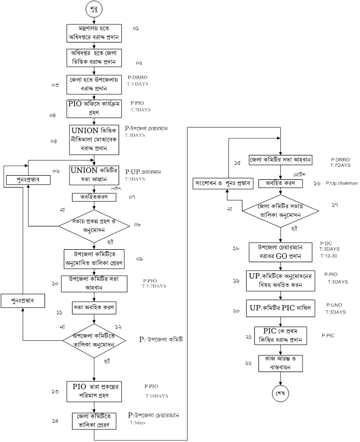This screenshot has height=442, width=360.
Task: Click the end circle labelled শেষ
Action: pyautogui.click(x=280, y=393)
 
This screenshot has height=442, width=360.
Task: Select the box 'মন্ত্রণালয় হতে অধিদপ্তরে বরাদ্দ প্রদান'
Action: pyautogui.click(x=94, y=33)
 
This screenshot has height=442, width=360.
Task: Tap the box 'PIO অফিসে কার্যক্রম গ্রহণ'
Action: pyautogui.click(x=94, y=107)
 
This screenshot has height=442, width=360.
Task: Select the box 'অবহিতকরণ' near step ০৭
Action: pyautogui.click(x=93, y=197)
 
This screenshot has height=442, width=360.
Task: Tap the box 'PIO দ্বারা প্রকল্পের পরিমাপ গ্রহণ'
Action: pyautogui.click(x=94, y=392)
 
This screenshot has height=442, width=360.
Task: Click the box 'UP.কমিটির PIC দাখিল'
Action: pyautogui.click(x=280, y=308)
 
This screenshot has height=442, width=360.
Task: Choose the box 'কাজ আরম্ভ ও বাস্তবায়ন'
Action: pyautogui.click(x=280, y=362)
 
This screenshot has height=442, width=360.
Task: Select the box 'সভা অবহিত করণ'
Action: pyautogui.click(x=94, y=306)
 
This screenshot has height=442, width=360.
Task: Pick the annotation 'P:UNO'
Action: pyautogui.click(x=333, y=306)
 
